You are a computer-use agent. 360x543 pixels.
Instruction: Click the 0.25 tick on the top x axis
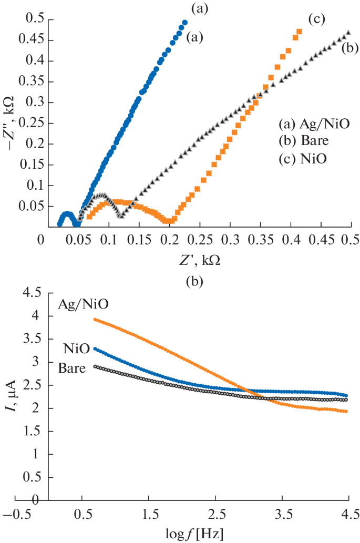199,240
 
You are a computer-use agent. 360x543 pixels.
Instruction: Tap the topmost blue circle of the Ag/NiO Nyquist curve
184,23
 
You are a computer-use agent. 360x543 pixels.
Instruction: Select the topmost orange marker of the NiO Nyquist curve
300,32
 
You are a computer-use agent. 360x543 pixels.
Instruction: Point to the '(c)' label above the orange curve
317,19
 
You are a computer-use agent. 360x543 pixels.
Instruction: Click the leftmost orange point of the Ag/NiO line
95,319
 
